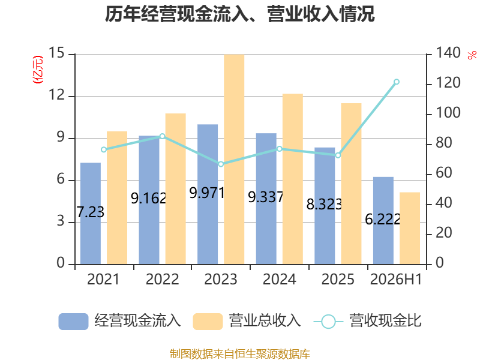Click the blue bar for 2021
point(91,214)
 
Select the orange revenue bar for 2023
point(234,159)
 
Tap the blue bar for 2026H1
point(383,220)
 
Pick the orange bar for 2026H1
point(410,228)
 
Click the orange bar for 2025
point(351,184)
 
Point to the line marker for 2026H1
point(397,82)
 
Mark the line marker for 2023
point(221,164)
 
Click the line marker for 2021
point(104,149)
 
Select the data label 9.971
point(207,193)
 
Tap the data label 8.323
point(324,204)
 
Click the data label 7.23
point(91,212)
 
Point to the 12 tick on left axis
point(57,95)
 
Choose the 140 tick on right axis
point(448,53)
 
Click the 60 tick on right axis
point(443,173)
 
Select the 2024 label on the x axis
point(279,279)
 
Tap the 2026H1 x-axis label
point(396,279)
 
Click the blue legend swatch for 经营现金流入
point(73,322)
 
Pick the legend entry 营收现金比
point(367,321)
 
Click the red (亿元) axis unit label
point(38,70)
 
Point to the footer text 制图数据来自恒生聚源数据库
point(240,354)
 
